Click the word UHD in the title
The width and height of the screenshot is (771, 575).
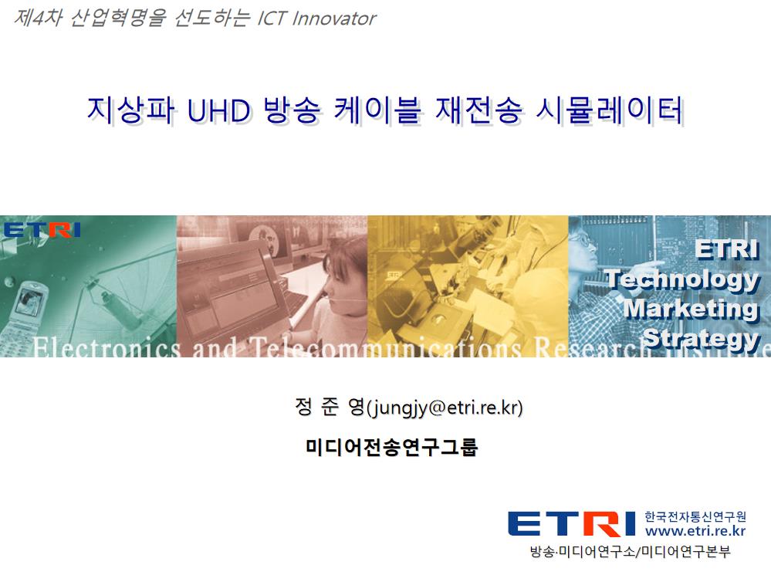pyautogui.click(x=218, y=110)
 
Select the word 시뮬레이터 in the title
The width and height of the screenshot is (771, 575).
pyautogui.click(x=609, y=110)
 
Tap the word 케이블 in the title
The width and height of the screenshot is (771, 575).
pyautogui.click(x=376, y=110)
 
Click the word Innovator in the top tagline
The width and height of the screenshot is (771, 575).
pyautogui.click(x=334, y=19)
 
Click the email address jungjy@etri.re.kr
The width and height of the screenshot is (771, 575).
pyautogui.click(x=445, y=408)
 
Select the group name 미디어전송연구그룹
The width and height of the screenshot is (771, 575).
pyautogui.click(x=391, y=447)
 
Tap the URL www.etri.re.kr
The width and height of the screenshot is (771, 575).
pyautogui.click(x=695, y=531)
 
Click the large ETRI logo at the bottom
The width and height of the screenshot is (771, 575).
pyautogui.click(x=571, y=524)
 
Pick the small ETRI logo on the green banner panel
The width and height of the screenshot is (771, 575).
pyautogui.click(x=42, y=230)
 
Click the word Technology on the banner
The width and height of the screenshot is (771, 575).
pyautogui.click(x=683, y=279)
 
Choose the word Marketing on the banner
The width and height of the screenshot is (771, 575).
pyautogui.click(x=692, y=309)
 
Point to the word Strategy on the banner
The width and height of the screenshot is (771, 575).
pyautogui.click(x=702, y=339)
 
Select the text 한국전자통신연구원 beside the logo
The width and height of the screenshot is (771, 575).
pyautogui.click(x=695, y=516)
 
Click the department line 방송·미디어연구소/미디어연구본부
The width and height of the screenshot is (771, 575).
pyautogui.click(x=631, y=551)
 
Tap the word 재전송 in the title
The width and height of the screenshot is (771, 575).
pyautogui.click(x=478, y=110)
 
